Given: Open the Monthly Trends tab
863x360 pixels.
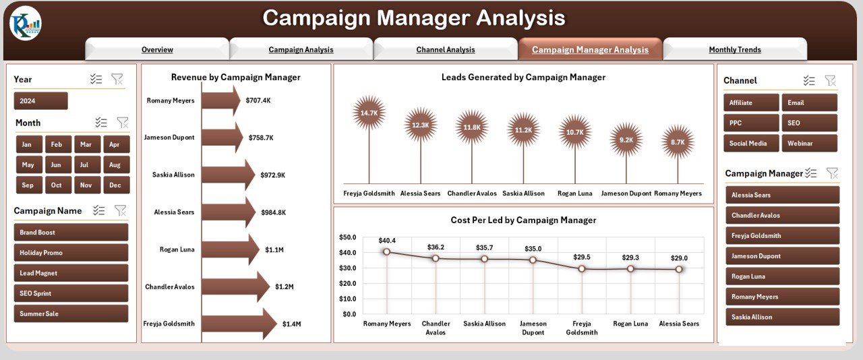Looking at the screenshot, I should click(x=735, y=49).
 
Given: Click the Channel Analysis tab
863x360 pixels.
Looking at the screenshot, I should click(x=446, y=49).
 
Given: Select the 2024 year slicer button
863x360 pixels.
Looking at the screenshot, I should click(x=40, y=101).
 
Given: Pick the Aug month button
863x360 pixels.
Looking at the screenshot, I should click(x=115, y=164).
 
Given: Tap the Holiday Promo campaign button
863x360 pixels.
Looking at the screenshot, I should click(x=71, y=253).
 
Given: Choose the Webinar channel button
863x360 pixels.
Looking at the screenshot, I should click(x=809, y=143).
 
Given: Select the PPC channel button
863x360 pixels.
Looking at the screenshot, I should click(x=751, y=123).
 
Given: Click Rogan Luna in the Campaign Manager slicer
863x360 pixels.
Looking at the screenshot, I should click(x=782, y=276).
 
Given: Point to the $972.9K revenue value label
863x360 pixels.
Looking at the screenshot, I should click(x=273, y=175).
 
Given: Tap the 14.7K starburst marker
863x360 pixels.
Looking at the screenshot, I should click(x=369, y=113).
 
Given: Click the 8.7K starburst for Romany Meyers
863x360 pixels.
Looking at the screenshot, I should click(x=678, y=142).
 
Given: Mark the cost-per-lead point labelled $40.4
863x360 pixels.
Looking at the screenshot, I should click(x=386, y=251).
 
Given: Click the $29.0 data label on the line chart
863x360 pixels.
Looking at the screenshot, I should click(x=679, y=258).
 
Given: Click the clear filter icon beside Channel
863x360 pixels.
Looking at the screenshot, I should click(x=830, y=80).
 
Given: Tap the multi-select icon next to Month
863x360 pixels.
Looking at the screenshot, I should click(x=101, y=122).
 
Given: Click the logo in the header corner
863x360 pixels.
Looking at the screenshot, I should click(x=26, y=24).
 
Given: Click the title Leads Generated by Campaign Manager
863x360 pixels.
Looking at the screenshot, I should click(x=523, y=78).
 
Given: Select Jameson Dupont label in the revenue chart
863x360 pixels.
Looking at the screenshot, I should click(x=169, y=138).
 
